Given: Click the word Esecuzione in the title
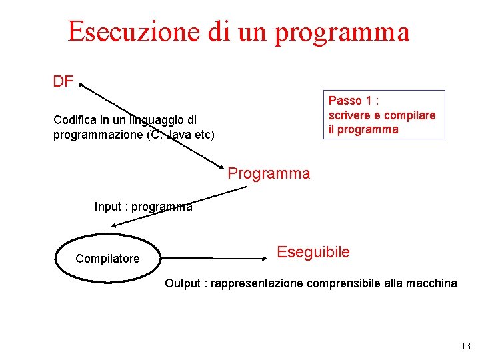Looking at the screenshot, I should (125, 31).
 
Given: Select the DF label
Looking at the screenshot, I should (63, 82).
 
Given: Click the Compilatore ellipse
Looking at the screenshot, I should (107, 258).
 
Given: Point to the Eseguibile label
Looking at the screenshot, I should (313, 252).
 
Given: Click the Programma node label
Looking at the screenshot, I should (269, 174).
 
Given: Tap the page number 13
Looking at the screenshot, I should (465, 346).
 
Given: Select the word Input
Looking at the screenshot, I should (108, 207).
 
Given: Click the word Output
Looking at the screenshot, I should (182, 283).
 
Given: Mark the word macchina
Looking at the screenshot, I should (431, 283).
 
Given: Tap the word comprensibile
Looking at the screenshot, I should (343, 283).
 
